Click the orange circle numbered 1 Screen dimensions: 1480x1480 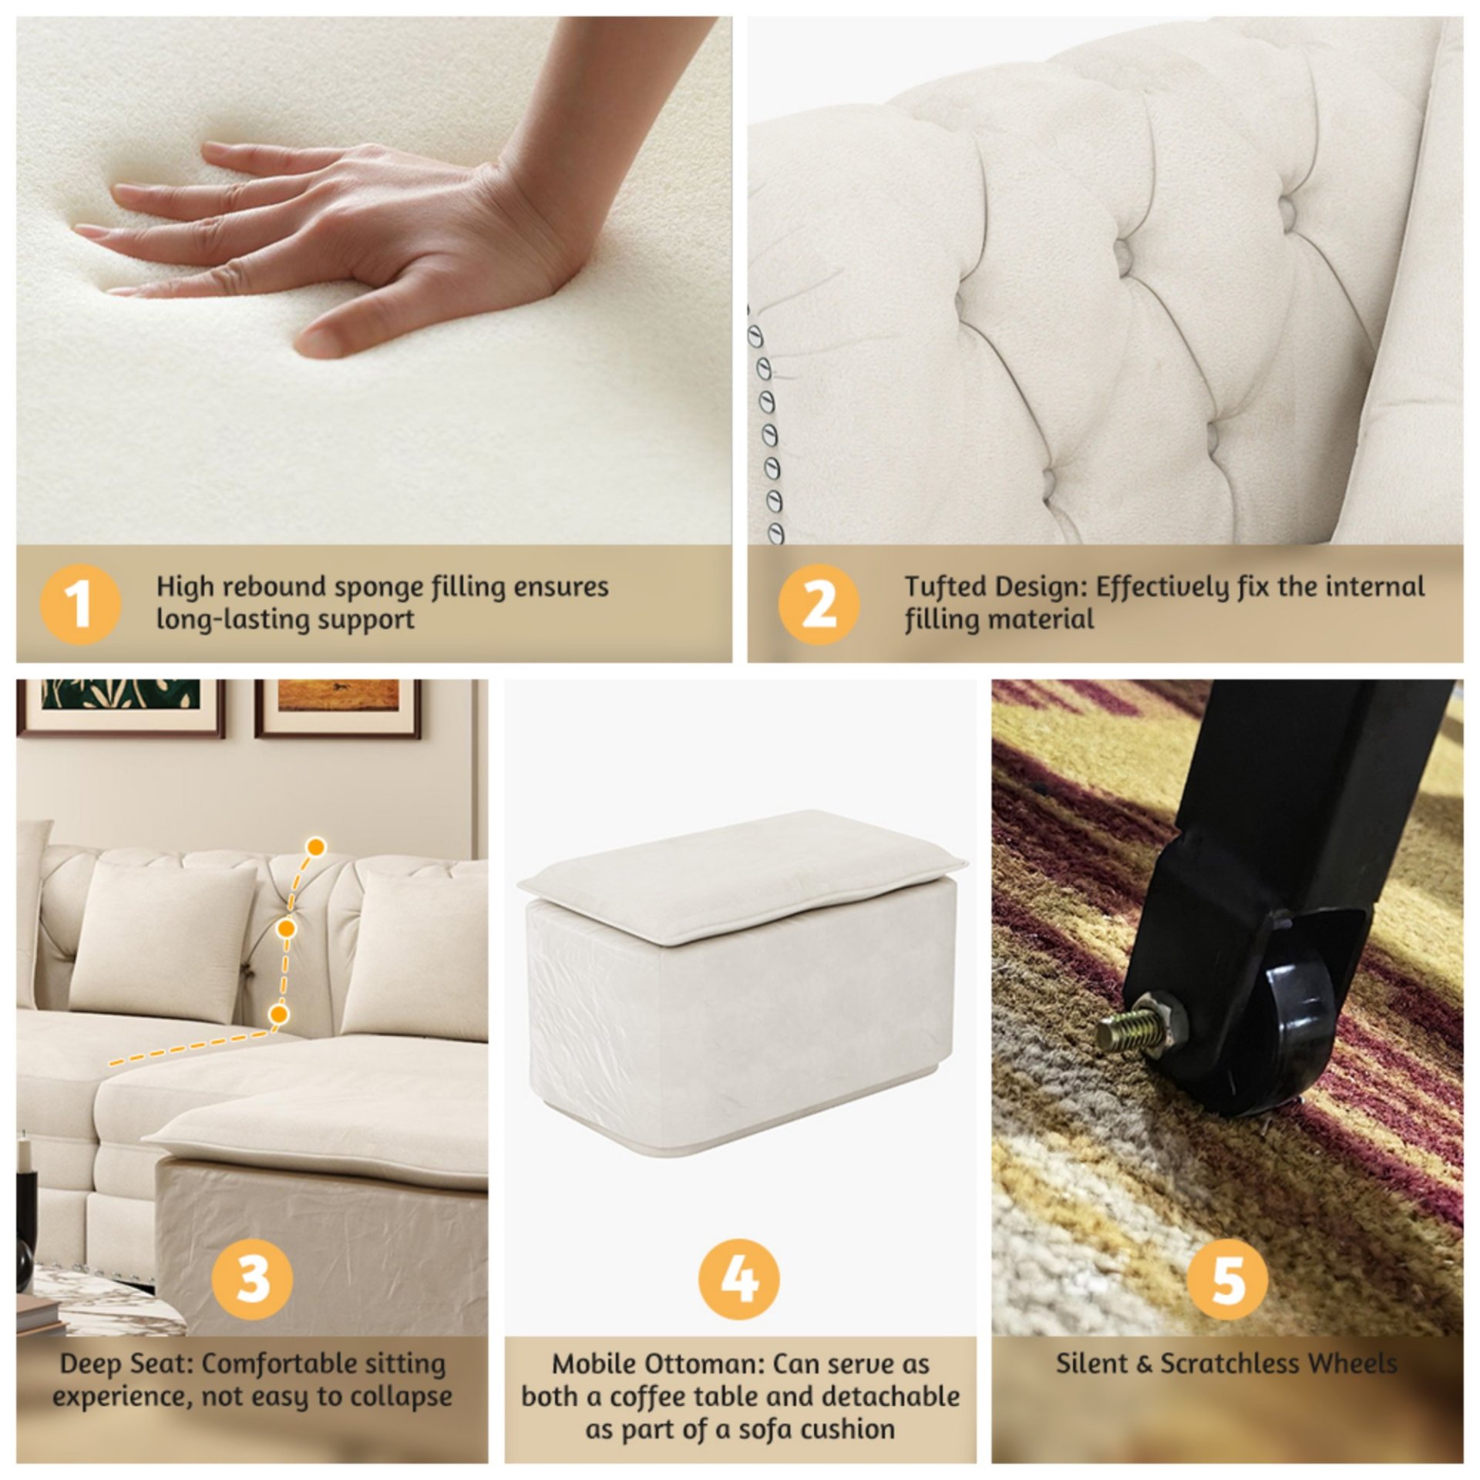pyautogui.click(x=80, y=604)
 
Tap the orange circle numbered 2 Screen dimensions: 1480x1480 pyautogui.click(x=818, y=604)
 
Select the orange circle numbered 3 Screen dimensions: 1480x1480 pyautogui.click(x=252, y=1277)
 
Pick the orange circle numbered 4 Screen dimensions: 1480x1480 pyautogui.click(x=738, y=1277)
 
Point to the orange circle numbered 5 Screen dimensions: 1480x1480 pyautogui.click(x=1227, y=1277)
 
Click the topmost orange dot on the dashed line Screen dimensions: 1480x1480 pyautogui.click(x=315, y=847)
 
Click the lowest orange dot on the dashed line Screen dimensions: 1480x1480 pyautogui.click(x=279, y=1012)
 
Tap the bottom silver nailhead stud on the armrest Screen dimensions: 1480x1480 pyautogui.click(x=775, y=533)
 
